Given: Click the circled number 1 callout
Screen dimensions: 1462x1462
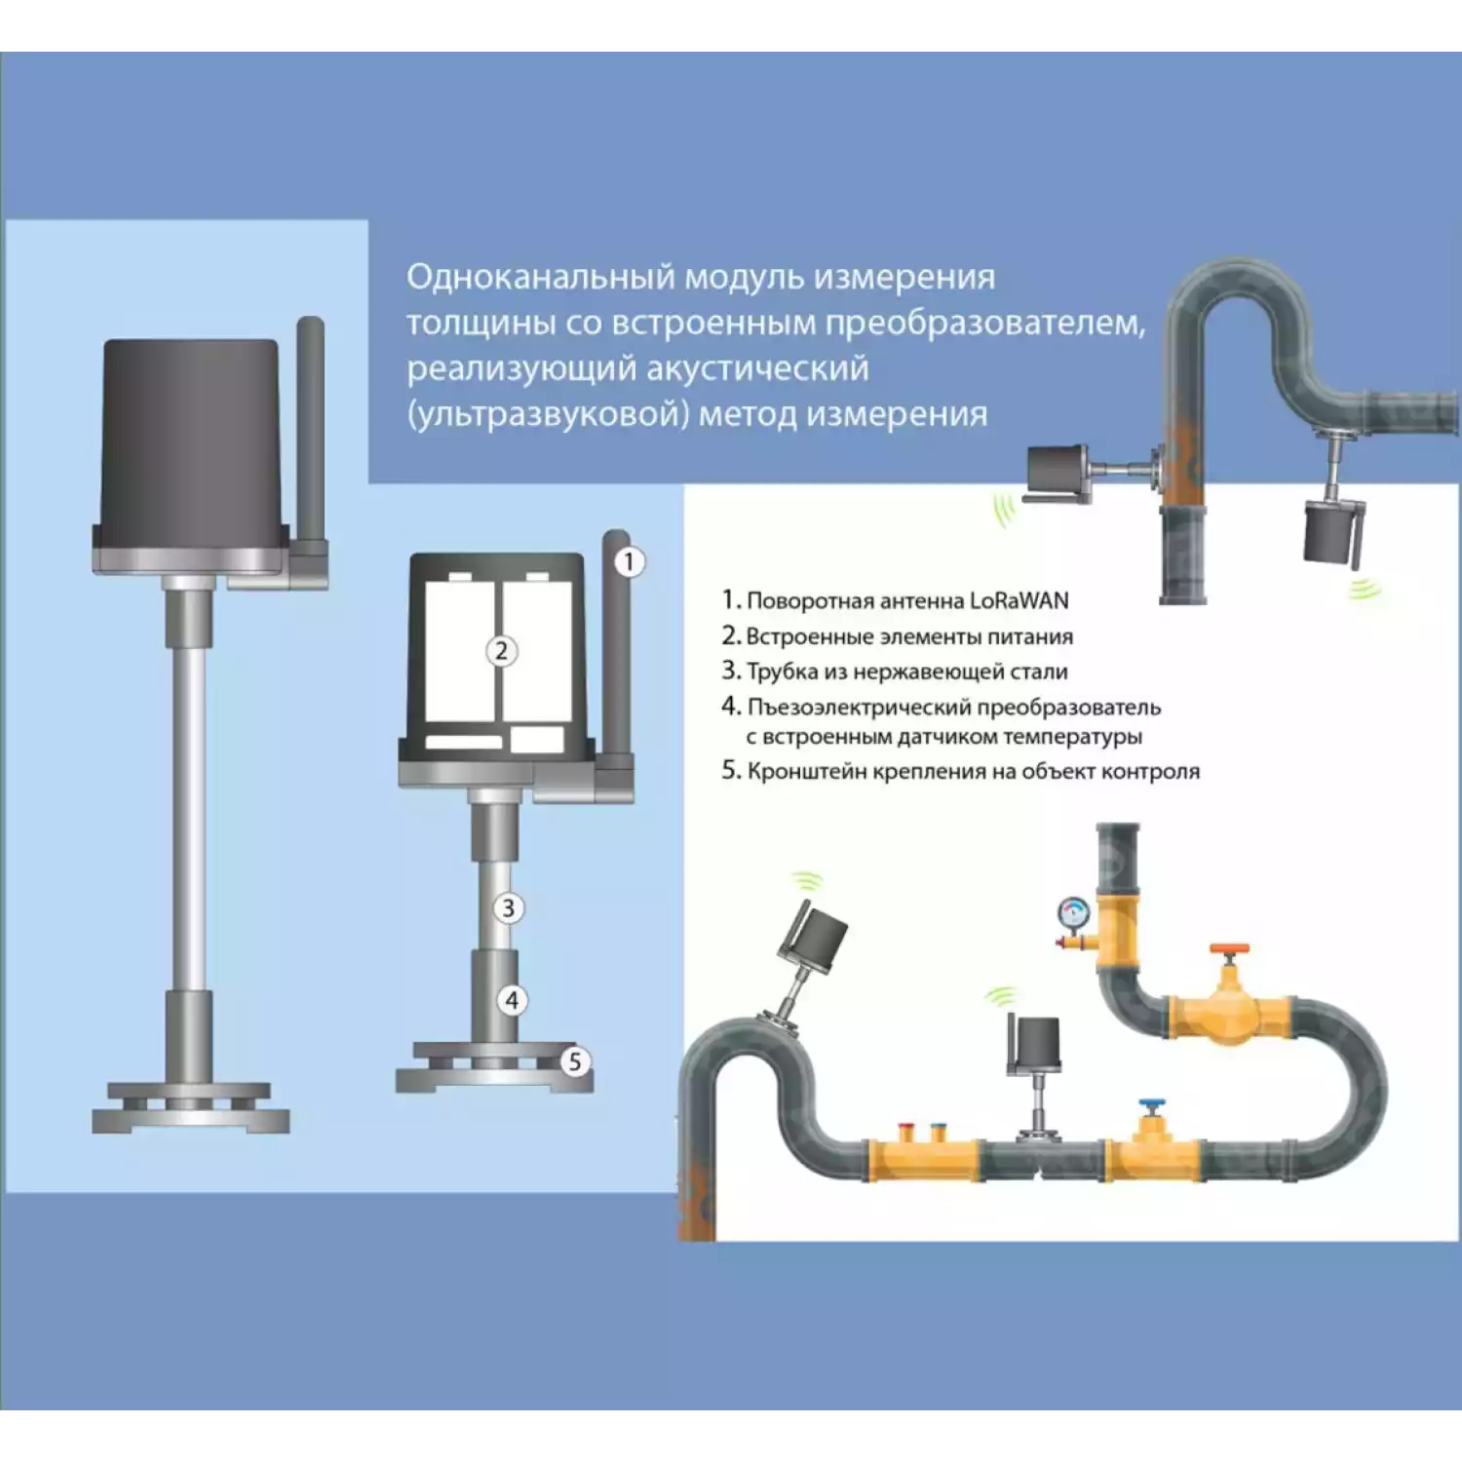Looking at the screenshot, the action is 630,561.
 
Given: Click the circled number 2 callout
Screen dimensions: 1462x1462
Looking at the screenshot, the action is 501,651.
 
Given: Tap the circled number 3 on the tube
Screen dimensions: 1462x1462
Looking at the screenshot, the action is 508,908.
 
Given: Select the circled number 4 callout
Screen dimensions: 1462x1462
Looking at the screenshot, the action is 512,1000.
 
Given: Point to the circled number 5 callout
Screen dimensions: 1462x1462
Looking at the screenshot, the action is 575,1061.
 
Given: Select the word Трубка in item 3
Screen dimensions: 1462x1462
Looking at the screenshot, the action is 782,672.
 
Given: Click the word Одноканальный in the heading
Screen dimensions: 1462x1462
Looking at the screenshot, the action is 541,277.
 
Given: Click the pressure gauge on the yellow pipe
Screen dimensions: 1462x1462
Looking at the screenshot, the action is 1073,913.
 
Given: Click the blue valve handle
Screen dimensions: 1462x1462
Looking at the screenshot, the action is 1153,1107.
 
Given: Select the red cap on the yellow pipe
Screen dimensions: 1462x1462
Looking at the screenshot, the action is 906,1133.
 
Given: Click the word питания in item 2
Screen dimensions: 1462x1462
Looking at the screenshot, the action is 1029,637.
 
